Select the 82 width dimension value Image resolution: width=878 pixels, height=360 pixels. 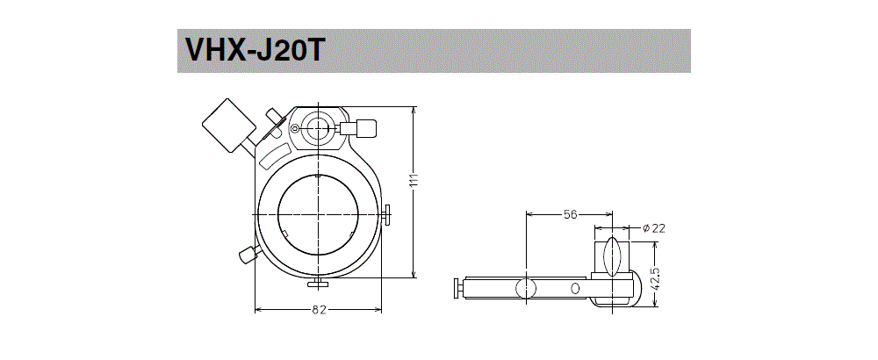318,309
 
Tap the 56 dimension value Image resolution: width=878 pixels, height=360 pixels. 568,213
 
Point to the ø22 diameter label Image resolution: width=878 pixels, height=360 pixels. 654,228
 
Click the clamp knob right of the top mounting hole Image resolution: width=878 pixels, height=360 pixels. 363,129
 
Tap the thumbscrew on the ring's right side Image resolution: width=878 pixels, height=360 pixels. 387,214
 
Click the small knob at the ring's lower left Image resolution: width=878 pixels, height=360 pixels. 247,255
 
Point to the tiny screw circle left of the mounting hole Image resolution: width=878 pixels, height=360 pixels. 295,129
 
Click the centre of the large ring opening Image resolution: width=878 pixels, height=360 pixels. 317,214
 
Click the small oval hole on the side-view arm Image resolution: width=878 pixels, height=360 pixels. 575,288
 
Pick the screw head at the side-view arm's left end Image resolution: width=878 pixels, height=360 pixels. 456,288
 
